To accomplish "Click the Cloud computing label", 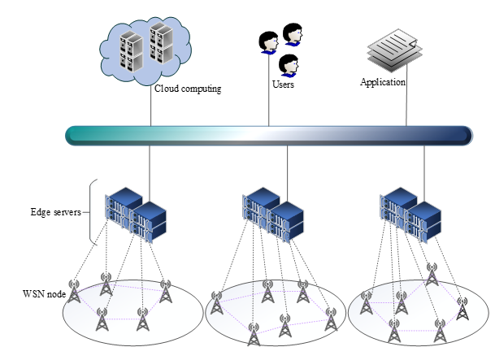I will [188, 89].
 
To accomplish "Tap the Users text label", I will [283, 84].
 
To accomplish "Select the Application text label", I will [383, 81].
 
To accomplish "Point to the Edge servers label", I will [56, 213].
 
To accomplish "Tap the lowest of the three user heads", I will [287, 65].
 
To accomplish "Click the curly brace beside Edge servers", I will [92, 212].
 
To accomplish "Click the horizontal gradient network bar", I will [268, 135].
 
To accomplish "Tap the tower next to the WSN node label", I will [75, 293].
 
